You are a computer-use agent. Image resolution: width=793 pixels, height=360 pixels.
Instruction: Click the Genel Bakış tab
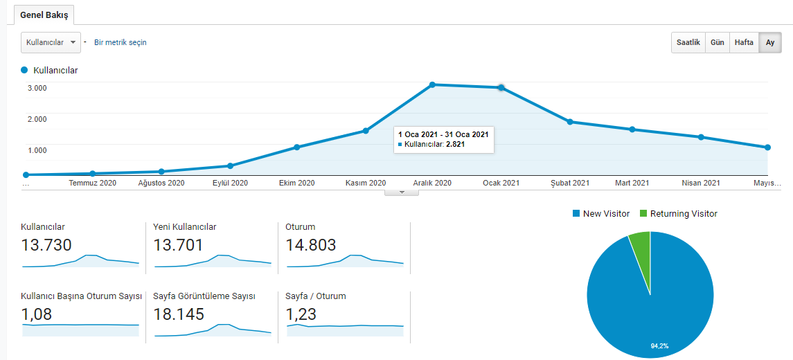click(44, 15)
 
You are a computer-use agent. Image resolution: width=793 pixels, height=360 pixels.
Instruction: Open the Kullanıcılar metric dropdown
click(51, 42)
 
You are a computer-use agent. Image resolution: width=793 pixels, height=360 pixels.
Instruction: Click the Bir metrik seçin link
click(121, 42)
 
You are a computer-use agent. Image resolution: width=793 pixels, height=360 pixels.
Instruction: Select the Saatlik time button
click(688, 42)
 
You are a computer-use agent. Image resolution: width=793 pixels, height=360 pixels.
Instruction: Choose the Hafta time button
click(744, 42)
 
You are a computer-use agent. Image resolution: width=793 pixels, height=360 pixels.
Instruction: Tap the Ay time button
click(770, 42)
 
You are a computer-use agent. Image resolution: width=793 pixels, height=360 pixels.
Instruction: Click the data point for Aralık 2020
click(432, 84)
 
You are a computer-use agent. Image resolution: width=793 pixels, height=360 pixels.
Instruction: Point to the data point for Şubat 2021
click(569, 122)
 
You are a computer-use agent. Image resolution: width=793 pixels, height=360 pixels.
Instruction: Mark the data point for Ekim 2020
click(297, 147)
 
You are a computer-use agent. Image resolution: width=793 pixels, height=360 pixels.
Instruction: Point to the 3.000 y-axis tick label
click(37, 88)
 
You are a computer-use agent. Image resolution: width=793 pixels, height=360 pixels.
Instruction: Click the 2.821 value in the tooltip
click(455, 144)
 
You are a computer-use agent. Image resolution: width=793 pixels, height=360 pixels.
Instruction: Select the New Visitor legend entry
click(601, 214)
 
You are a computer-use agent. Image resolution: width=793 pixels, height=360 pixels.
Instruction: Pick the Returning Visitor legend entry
click(678, 214)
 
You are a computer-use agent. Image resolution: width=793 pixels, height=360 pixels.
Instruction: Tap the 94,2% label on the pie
click(659, 346)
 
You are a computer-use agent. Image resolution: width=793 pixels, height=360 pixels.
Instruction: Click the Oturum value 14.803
click(310, 245)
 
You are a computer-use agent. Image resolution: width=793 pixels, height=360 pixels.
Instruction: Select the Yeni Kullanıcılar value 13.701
click(178, 245)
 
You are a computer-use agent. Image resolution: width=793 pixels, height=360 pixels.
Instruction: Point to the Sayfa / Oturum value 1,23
click(301, 314)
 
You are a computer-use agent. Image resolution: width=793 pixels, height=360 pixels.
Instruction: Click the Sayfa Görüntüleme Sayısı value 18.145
click(179, 314)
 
